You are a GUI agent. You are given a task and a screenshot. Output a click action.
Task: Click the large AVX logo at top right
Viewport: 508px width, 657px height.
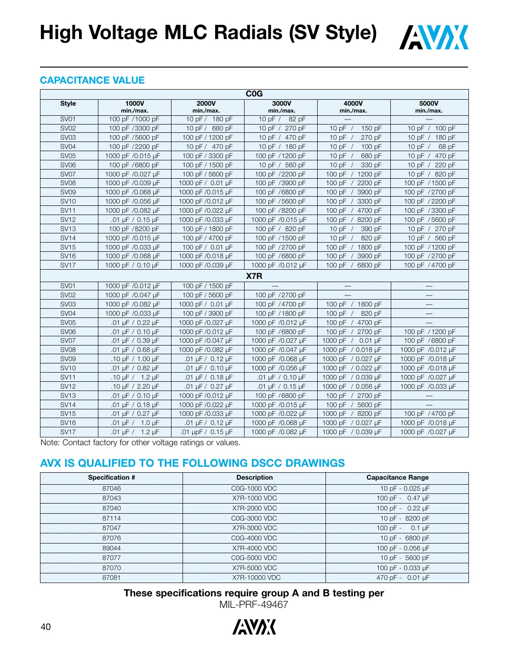[x=434, y=38]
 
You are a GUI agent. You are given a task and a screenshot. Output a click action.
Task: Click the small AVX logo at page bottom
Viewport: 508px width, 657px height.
[x=254, y=627]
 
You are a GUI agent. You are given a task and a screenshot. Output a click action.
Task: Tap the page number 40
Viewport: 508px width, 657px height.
[x=46, y=627]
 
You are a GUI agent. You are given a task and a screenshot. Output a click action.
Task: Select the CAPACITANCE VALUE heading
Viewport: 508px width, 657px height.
[x=92, y=80]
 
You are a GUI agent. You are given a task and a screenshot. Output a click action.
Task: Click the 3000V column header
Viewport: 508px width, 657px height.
[x=281, y=104]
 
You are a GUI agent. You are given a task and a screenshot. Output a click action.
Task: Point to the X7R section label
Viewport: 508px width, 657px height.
[x=254, y=276]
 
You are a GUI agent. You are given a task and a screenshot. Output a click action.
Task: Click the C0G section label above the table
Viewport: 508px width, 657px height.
[x=254, y=94]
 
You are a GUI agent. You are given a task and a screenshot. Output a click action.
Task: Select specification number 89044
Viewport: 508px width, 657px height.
[x=112, y=548]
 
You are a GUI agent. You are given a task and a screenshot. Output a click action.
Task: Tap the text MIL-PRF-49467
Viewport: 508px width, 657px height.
[x=254, y=605]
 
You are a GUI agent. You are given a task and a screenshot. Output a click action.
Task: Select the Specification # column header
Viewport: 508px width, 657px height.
[x=112, y=478]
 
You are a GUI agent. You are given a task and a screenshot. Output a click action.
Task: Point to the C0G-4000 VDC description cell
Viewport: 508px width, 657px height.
[x=254, y=538]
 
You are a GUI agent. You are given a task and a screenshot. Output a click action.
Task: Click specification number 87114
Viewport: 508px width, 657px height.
[x=112, y=518]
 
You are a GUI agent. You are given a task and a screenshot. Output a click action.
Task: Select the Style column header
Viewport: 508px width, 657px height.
[x=68, y=104]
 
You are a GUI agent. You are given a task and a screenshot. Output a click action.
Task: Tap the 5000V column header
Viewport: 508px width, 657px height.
[x=428, y=104]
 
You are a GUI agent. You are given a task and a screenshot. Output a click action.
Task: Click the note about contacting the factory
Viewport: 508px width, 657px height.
[x=141, y=443]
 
